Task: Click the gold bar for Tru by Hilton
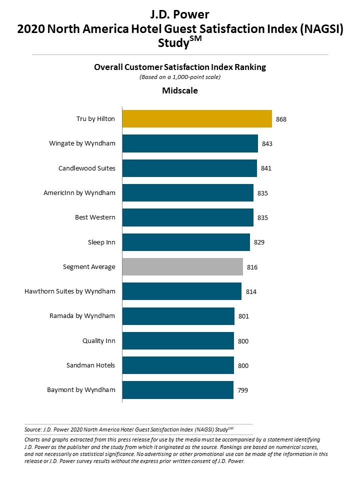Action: coord(197,119)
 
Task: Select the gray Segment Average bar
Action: coord(182,267)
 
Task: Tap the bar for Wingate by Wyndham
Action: coord(190,143)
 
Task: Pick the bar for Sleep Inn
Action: coord(186,242)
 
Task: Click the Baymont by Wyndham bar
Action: coord(177,390)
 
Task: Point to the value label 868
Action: coord(281,119)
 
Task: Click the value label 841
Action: coord(266,168)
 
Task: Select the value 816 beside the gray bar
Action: coord(252,267)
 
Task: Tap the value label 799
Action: coord(242,390)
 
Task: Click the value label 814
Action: coord(250,291)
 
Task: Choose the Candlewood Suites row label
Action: coord(86,168)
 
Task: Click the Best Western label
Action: coord(95,217)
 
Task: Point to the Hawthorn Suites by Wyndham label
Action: coord(70,291)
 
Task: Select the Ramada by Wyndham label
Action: coord(82,315)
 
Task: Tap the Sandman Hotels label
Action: coord(90,365)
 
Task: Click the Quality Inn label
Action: coord(98,340)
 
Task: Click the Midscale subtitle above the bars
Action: coord(180,90)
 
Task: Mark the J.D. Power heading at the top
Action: coord(180,14)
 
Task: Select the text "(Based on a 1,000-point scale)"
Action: coord(180,77)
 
